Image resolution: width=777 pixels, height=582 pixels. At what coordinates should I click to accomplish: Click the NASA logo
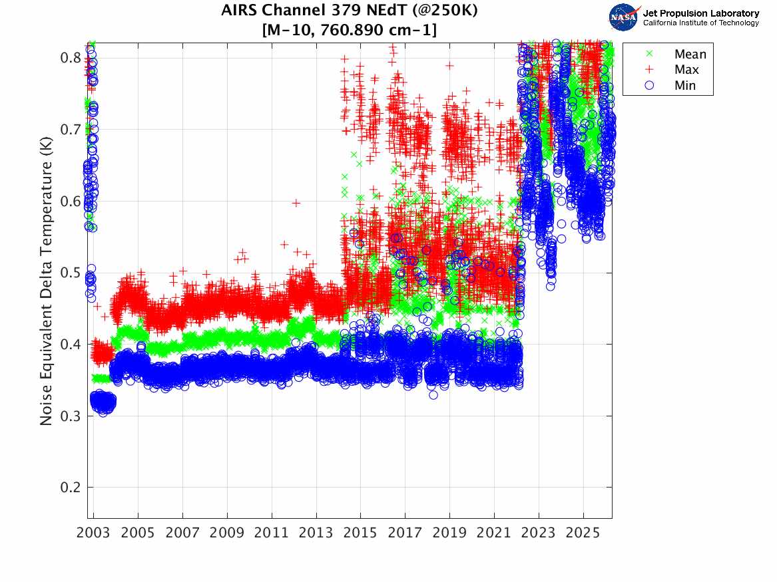pyautogui.click(x=625, y=17)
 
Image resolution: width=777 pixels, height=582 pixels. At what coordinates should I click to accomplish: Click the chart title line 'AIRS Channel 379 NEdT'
pyautogui.click(x=350, y=11)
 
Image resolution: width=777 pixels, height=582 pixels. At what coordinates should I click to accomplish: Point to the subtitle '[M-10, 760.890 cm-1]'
pyautogui.click(x=350, y=30)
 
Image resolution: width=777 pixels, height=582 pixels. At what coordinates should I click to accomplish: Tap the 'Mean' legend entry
pyautogui.click(x=690, y=55)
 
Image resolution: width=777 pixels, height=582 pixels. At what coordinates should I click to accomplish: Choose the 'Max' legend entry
pyautogui.click(x=686, y=70)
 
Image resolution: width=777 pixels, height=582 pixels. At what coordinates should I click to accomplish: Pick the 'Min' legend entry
pyautogui.click(x=685, y=85)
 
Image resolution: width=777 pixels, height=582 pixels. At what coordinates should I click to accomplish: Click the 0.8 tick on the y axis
pyautogui.click(x=71, y=58)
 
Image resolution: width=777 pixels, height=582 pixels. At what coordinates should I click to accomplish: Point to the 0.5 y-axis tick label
pyautogui.click(x=71, y=273)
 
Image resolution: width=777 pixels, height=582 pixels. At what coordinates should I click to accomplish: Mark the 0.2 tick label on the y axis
pyautogui.click(x=71, y=488)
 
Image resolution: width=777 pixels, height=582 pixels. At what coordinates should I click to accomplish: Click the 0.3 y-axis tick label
pyautogui.click(x=71, y=416)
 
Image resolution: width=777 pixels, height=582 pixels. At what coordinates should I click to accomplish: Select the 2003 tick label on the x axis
pyautogui.click(x=94, y=533)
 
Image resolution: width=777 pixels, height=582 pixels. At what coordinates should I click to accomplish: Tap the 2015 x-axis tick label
pyautogui.click(x=361, y=533)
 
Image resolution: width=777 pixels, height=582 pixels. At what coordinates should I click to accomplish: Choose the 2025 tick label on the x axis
pyautogui.click(x=583, y=533)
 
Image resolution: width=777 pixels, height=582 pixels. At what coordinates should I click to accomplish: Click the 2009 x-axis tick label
pyautogui.click(x=227, y=533)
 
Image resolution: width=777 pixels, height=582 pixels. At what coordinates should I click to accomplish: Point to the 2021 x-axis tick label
pyautogui.click(x=494, y=533)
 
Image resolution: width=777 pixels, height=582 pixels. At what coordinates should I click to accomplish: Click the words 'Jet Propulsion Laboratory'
pyautogui.click(x=700, y=13)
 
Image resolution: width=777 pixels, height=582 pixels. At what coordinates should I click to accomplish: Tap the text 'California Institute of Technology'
pyautogui.click(x=700, y=23)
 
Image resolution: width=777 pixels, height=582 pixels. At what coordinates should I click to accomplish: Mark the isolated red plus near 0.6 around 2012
pyautogui.click(x=296, y=203)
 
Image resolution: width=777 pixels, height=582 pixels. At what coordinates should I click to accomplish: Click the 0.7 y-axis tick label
pyautogui.click(x=71, y=129)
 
